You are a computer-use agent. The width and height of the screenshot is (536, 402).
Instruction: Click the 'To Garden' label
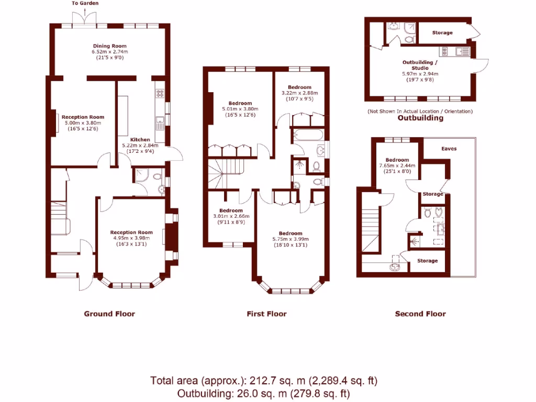point(84,4)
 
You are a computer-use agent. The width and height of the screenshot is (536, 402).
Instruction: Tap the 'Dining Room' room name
point(110,46)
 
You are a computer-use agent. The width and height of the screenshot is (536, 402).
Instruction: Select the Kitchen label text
point(140,140)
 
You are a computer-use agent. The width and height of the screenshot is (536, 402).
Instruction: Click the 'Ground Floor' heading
point(109,314)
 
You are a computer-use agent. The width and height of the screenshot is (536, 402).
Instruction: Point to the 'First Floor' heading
point(266,314)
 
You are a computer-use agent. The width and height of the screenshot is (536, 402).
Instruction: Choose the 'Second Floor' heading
point(420,314)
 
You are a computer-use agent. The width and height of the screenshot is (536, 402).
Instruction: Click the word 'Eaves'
point(449,149)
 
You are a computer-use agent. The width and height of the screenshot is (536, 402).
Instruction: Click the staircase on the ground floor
point(59,217)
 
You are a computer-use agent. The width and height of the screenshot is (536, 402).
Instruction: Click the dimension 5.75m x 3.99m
point(290,239)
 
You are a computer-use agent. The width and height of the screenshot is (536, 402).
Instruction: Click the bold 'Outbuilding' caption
point(420,118)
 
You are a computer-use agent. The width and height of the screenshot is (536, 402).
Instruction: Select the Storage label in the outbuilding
point(442,33)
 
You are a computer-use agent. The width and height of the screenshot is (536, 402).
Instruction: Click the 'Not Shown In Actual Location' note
point(420,111)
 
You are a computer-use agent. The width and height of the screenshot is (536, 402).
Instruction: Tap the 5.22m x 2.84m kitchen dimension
point(140,146)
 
